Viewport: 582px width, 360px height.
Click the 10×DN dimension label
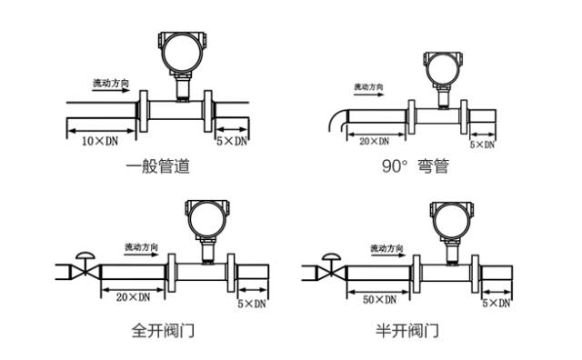coord(100,142)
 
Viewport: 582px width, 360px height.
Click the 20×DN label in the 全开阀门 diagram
coord(133,296)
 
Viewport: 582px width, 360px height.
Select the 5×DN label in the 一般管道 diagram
coord(231,142)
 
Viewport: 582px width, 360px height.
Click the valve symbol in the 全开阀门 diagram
coord(85,266)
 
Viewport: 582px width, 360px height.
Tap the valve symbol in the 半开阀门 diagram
coord(330,266)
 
